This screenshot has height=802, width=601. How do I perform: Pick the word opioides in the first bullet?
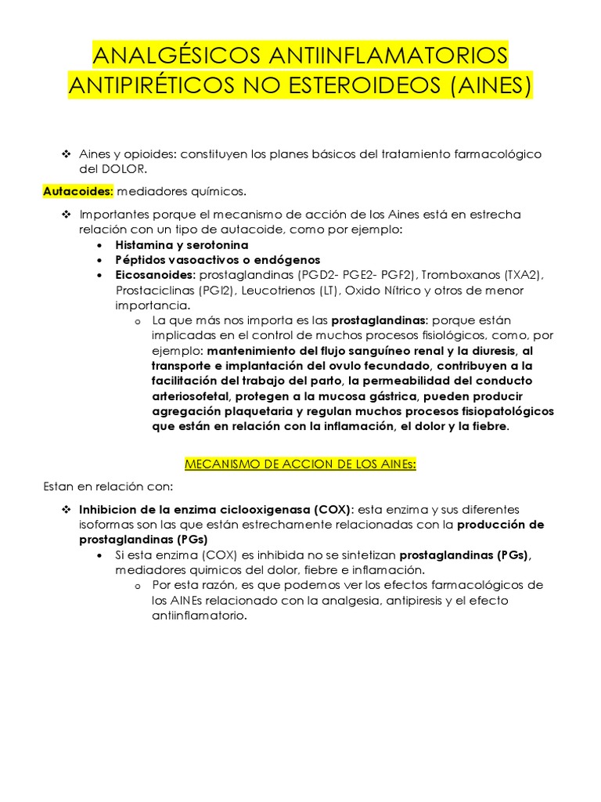(150, 154)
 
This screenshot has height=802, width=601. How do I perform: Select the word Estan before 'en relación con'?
(58, 486)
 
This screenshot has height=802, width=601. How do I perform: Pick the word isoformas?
(106, 525)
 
